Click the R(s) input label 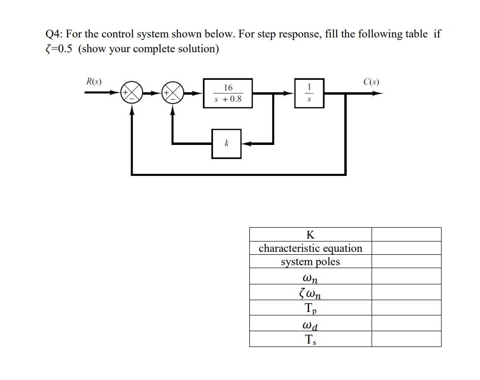(x=94, y=81)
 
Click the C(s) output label (x=371, y=81)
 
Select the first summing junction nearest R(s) (x=132, y=93)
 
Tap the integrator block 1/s (x=309, y=93)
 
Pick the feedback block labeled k (x=226, y=143)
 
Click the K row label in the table (x=310, y=234)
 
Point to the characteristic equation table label (x=310, y=248)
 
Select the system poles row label (x=310, y=262)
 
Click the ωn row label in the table (x=310, y=277)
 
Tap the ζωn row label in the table (x=310, y=293)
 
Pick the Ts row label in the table (x=310, y=339)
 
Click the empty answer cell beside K (x=406, y=234)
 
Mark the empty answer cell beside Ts (x=406, y=339)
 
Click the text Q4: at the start (x=54, y=35)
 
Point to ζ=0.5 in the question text (x=59, y=49)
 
